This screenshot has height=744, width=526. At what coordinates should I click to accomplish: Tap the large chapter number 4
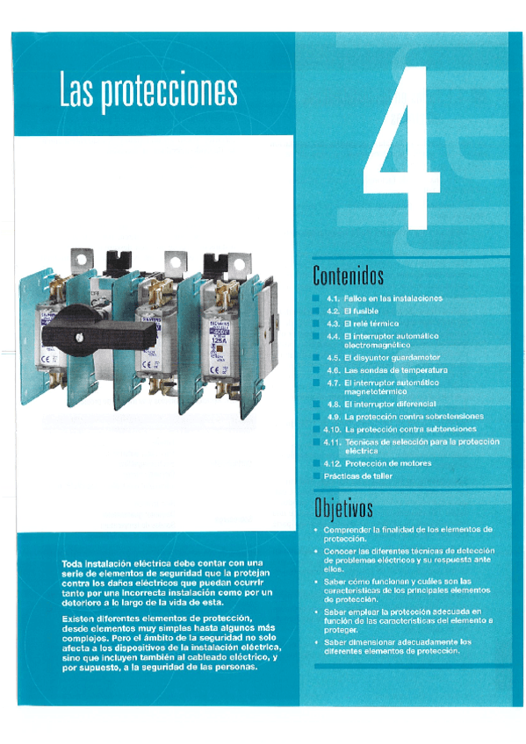pos(402,149)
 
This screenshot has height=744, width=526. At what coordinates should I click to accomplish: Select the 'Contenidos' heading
pos(349,276)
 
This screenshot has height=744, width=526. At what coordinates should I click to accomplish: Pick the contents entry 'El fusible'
pos(360,311)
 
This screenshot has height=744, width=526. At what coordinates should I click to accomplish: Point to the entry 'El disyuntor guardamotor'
pos(392,358)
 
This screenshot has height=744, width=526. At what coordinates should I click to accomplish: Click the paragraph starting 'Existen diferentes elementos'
pos(168,642)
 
